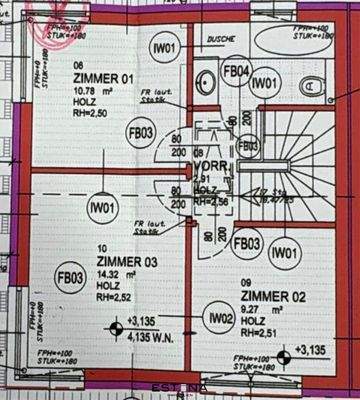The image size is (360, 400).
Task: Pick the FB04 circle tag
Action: click(235, 71)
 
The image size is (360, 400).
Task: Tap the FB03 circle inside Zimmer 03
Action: click(69, 279)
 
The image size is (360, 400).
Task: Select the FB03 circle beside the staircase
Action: click(247, 242)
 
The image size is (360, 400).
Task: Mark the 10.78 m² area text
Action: click(86, 91)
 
